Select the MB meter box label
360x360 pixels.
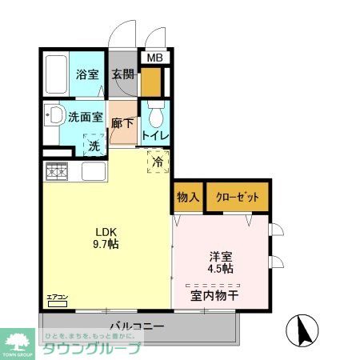[154, 58]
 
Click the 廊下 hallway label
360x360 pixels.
[122, 124]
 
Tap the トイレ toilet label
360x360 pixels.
[154, 135]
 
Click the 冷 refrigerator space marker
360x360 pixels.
[157, 162]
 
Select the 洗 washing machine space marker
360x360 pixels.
[94, 146]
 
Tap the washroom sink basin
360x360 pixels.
[54, 116]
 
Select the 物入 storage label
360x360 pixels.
[188, 197]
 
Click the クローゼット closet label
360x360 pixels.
[238, 197]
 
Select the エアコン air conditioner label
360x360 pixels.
[58, 298]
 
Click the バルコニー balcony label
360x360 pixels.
[137, 327]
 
